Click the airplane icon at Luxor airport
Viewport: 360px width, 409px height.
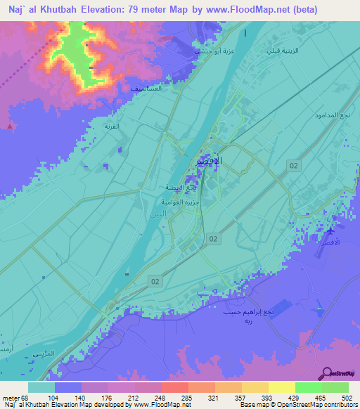[x=332, y=231]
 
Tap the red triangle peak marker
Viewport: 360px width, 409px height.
[x=9, y=126]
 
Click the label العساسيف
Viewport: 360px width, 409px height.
[x=146, y=88]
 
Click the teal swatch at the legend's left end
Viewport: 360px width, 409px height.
[x=41, y=387]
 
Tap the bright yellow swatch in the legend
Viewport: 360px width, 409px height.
[x=281, y=387]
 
